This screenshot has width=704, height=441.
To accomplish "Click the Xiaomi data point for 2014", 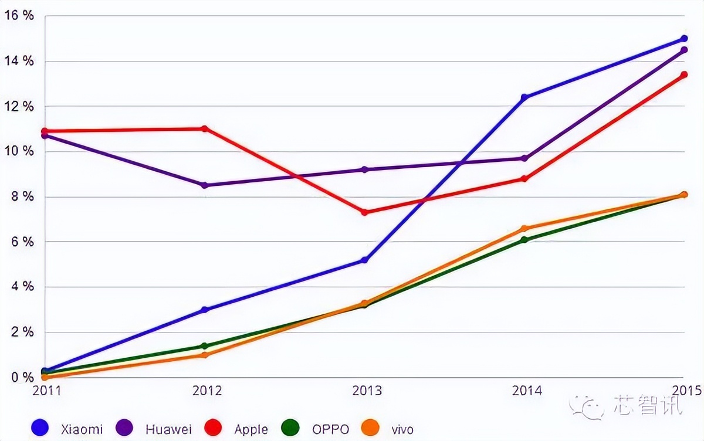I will pos(524,97).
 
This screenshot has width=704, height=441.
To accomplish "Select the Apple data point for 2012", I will pos(204,128).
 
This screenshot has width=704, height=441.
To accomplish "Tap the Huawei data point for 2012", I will pos(204,185).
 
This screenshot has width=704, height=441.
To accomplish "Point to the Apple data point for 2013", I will pos(364,212).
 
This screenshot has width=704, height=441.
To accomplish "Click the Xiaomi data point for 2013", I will pos(364,260).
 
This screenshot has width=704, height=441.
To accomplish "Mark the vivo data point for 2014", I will pos(524,229).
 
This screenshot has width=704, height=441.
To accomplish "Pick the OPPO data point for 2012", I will pos(204,346).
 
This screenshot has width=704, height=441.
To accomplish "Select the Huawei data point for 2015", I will pos(684,50).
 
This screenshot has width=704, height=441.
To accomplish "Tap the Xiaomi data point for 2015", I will pos(684,39).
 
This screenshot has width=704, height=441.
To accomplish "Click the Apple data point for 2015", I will pos(684,74).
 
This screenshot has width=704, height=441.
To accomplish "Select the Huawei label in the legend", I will pos(168,429).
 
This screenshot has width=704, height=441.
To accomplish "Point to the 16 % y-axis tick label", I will pos(19,15).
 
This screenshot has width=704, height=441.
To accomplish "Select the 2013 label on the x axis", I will pos(366,391).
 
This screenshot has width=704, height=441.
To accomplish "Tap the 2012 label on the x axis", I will pos(206,391).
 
